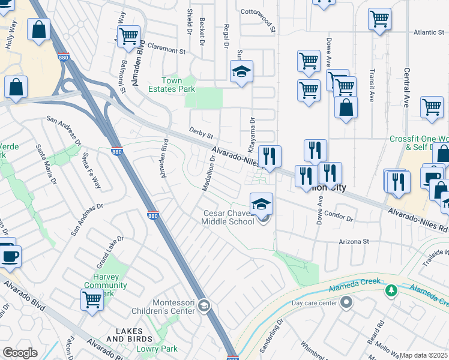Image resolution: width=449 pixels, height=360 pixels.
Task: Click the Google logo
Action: pos(20,353)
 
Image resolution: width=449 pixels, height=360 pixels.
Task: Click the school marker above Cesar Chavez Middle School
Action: pos(262,205)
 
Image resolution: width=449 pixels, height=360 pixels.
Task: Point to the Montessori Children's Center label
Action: pos(166,306)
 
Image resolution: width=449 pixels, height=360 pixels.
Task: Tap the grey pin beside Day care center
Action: pos(346,304)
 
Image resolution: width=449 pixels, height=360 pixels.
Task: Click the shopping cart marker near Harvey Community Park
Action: pos(92,299)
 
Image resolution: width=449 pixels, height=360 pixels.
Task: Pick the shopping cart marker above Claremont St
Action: pos(128,37)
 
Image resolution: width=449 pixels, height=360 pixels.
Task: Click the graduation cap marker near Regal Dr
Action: pos(241,71)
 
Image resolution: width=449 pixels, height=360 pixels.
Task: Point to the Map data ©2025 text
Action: pos(424,356)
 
